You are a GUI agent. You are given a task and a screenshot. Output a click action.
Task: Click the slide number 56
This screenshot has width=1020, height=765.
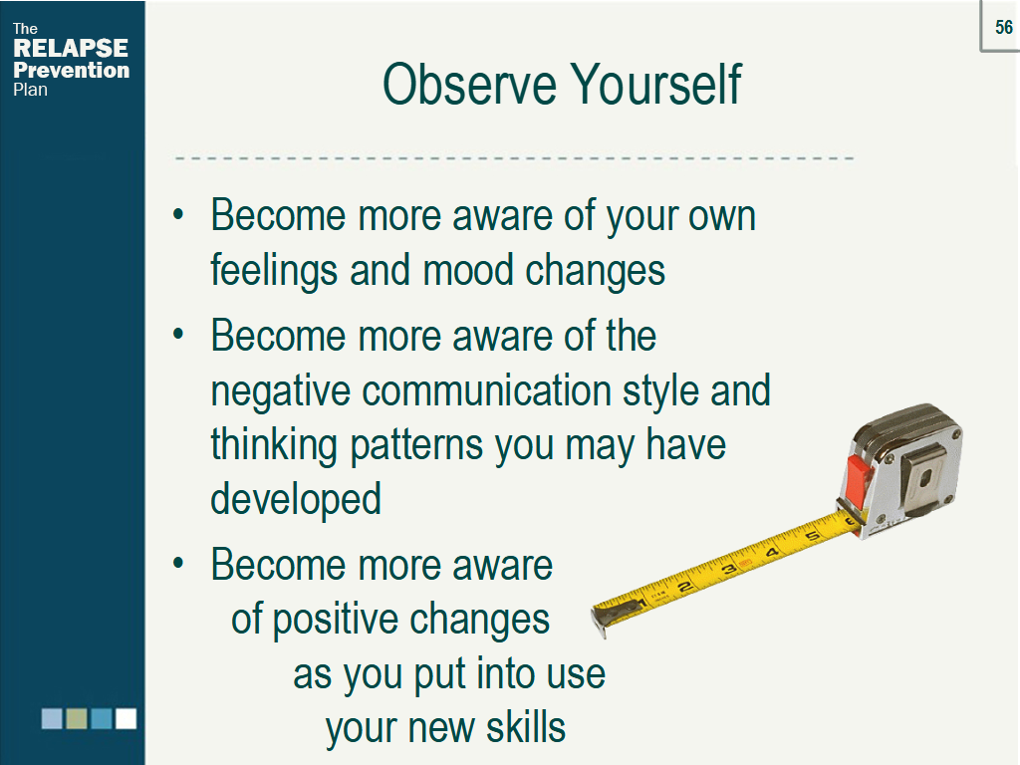coord(1004,27)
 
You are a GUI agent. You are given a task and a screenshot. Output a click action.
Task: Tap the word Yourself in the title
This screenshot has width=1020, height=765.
coord(656,84)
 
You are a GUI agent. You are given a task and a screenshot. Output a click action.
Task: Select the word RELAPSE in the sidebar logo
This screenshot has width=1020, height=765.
coord(71,48)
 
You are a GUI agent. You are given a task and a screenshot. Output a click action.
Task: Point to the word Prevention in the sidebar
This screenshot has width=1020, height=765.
coord(72,70)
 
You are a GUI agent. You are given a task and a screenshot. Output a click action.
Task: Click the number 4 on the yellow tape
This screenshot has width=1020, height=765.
coord(772,553)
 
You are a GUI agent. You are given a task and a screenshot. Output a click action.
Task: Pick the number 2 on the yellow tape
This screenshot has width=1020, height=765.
coord(684,588)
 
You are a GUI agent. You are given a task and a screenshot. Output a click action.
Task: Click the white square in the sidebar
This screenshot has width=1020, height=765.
coord(127,719)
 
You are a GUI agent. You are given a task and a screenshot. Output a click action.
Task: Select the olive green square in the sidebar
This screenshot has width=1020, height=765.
coord(77,719)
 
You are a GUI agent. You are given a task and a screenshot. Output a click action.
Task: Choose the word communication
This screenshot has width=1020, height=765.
coord(486,390)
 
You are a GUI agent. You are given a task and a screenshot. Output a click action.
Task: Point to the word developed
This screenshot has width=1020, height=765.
coord(296,500)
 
